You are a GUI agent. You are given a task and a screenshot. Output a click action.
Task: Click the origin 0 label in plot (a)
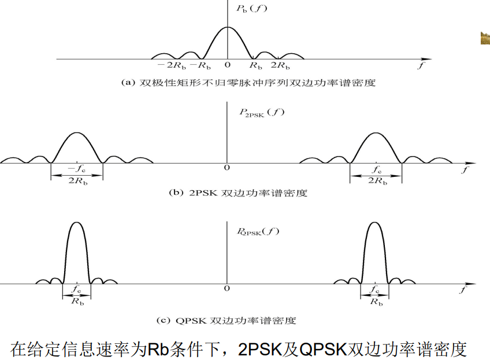point(228,65)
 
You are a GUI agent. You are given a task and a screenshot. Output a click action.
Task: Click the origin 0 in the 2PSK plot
point(227,168)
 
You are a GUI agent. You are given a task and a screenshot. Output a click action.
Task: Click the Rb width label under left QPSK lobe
point(76,301)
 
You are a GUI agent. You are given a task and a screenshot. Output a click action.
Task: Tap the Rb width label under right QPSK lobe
point(376,301)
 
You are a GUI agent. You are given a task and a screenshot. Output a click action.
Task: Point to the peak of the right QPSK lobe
point(376,222)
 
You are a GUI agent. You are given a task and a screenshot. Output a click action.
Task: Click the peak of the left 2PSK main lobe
point(77,132)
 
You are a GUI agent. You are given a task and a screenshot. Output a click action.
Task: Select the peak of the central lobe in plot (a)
point(227,27)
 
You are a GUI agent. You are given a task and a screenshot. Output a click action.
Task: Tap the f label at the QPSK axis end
point(462,290)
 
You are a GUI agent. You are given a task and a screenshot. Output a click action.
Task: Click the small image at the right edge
point(485,38)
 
